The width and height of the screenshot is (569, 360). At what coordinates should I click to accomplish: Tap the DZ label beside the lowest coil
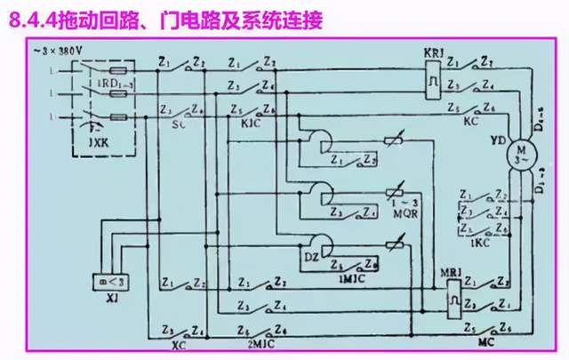[309, 256]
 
